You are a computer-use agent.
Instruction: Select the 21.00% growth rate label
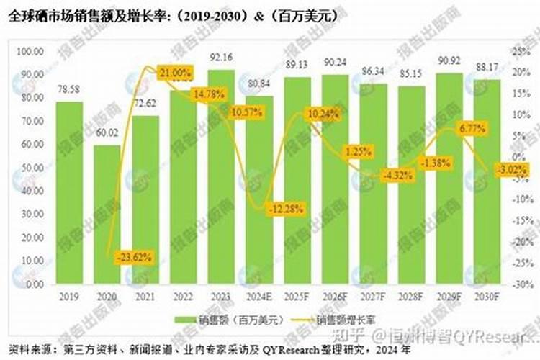(x=175, y=73)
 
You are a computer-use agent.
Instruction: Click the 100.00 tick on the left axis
(x=30, y=52)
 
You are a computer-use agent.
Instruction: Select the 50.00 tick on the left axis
(x=30, y=168)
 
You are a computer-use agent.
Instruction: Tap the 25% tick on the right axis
(x=519, y=52)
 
